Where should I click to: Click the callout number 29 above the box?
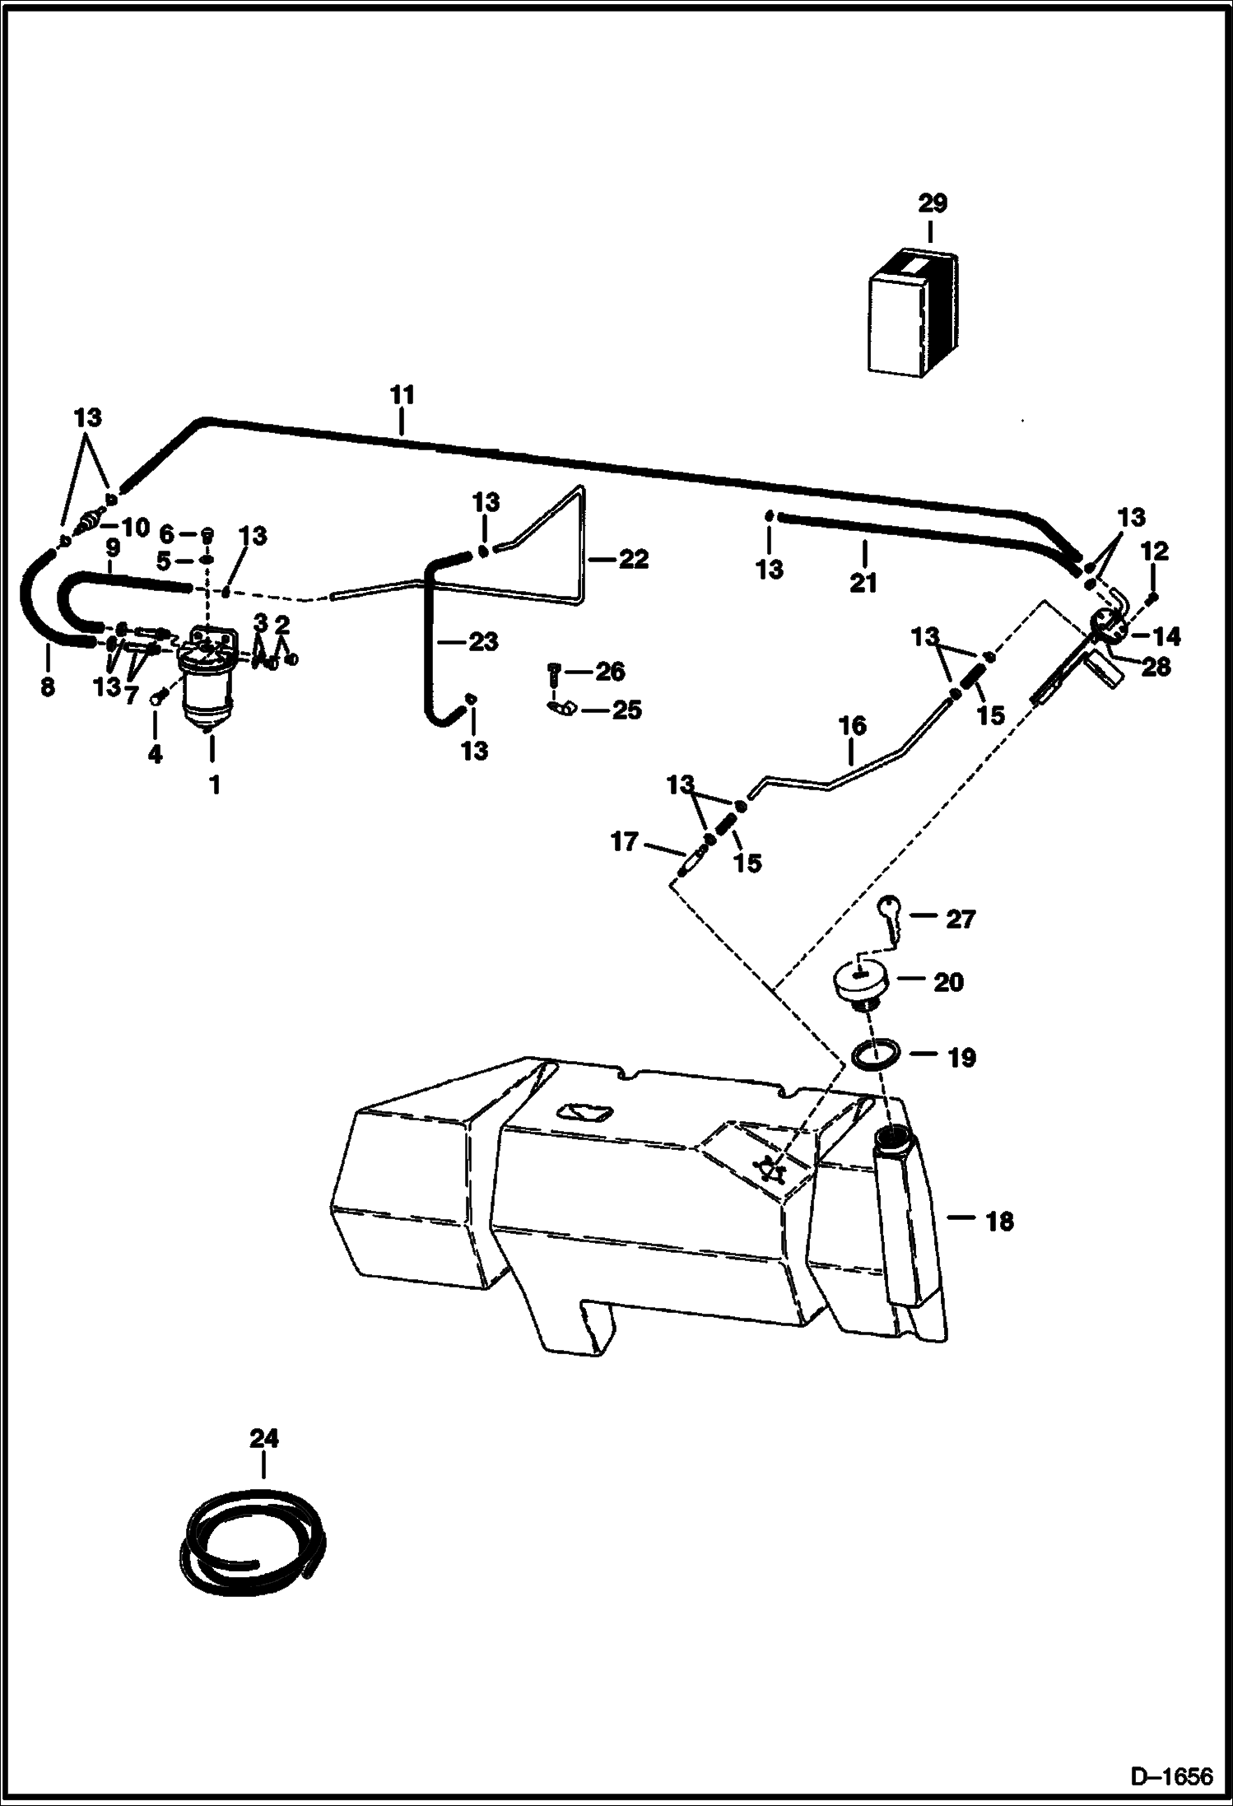point(933,202)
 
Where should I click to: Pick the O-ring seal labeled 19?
point(873,1055)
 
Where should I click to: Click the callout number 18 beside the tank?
point(999,1222)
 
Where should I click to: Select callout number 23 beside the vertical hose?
point(482,641)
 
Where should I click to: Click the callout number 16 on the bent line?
point(853,725)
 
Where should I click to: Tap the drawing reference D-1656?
point(1171,1776)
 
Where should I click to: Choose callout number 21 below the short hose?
point(863,583)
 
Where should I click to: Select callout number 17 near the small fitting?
point(624,842)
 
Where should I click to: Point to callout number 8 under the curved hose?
point(48,686)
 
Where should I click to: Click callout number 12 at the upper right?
point(1154,551)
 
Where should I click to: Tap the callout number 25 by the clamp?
point(626,710)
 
